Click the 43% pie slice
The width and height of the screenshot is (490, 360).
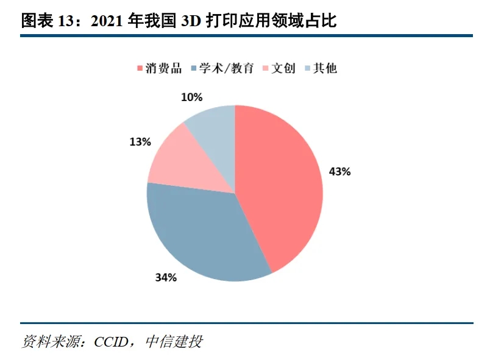click(280, 183)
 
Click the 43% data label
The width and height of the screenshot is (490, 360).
click(339, 172)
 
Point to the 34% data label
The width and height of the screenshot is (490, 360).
click(166, 278)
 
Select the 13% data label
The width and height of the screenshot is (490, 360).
click(140, 142)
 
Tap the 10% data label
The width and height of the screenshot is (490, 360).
click(192, 97)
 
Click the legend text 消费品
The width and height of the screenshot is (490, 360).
click(163, 68)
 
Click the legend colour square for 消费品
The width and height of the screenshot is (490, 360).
click(140, 68)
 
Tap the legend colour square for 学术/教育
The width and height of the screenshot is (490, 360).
click(195, 68)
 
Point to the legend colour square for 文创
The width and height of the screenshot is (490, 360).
click(265, 68)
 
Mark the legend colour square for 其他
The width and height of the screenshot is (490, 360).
click(307, 68)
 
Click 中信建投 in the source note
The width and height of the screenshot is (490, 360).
click(174, 342)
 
